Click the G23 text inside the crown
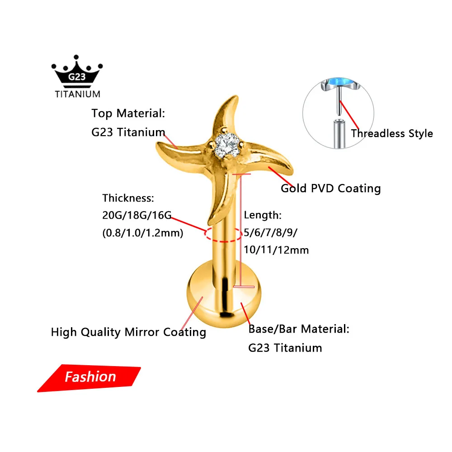tap(77, 77)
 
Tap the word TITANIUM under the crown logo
tap(78, 94)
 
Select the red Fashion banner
tap(89, 378)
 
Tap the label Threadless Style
tap(392, 133)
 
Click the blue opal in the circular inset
tap(340, 82)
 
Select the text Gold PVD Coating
tap(331, 188)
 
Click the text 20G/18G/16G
tap(137, 215)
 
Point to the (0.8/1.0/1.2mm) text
tap(143, 233)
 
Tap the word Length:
tap(263, 215)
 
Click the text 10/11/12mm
tap(276, 250)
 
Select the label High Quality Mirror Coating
tap(128, 332)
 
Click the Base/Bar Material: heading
tap(299, 329)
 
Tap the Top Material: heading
tap(128, 113)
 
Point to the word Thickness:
tap(128, 198)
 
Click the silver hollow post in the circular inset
tap(339, 134)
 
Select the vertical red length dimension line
tap(240, 230)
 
